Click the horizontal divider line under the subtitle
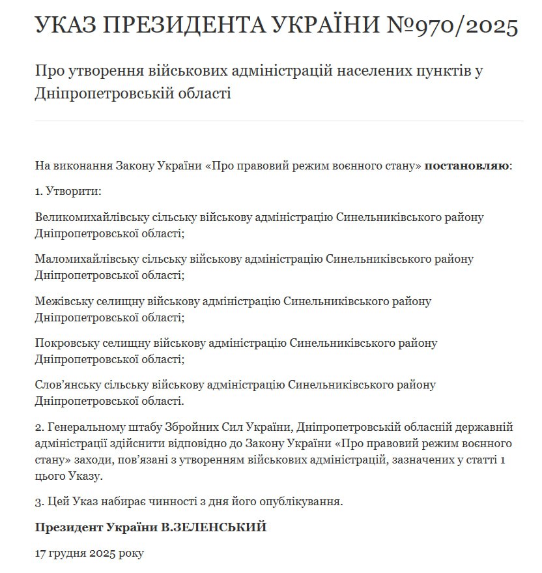(x=279, y=121)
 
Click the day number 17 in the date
(x=41, y=553)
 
